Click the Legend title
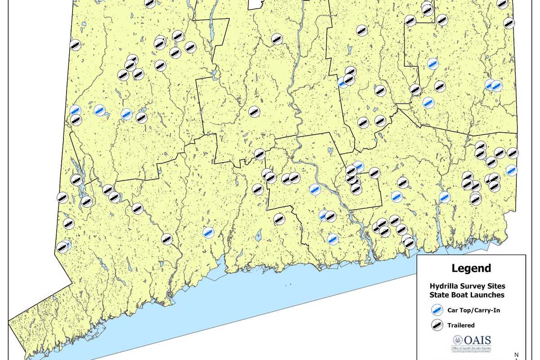pos(471,269)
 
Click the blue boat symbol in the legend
pos(437,310)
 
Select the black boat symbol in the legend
pos(437,325)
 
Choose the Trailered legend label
pos(461,325)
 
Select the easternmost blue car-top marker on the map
pos(511,170)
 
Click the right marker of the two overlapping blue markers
pos(496,85)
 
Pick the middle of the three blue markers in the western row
pos(100,109)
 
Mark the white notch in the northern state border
pos(255,4)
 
